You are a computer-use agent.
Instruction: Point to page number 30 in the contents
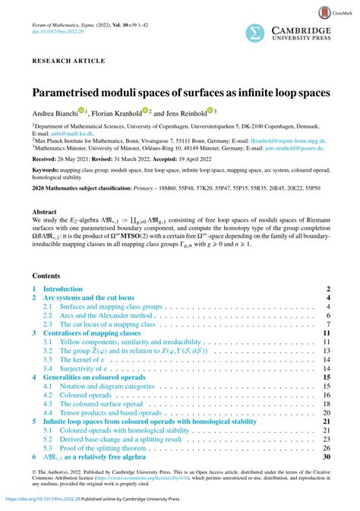coord(327,457)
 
